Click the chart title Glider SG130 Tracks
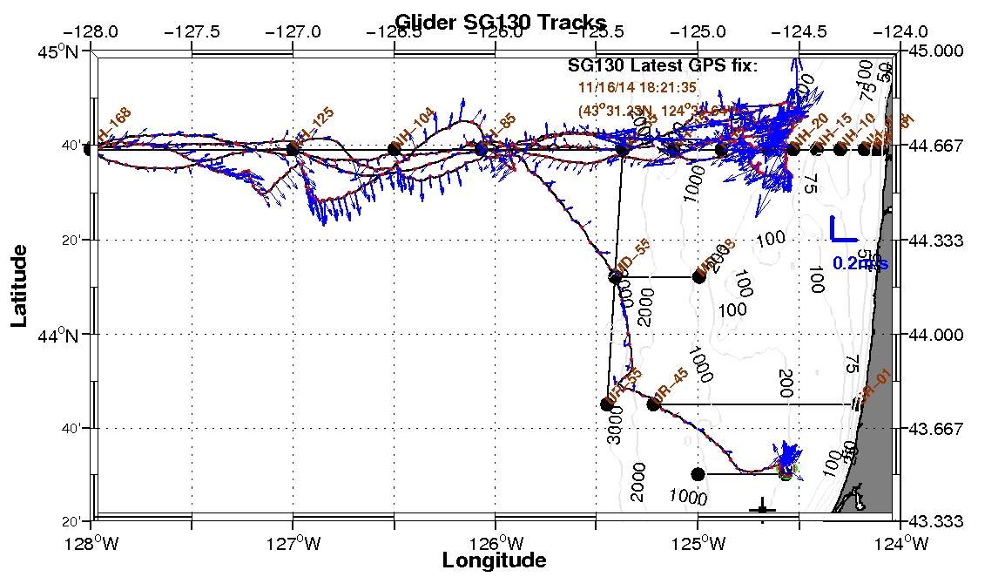(x=500, y=21)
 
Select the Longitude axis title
(x=495, y=560)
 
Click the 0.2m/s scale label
(x=860, y=263)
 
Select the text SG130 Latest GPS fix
(x=663, y=65)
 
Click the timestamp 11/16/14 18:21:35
(x=637, y=87)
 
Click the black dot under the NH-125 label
(x=293, y=150)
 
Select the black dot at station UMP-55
(x=615, y=277)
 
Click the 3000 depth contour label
(x=616, y=430)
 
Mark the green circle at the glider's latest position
(x=786, y=473)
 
